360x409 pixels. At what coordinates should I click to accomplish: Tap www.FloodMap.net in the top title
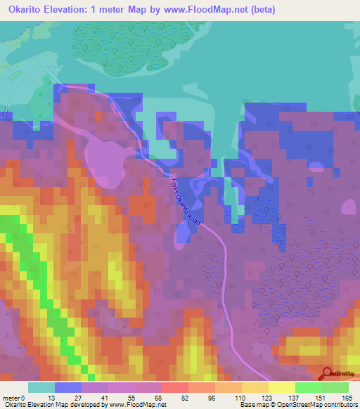(x=207, y=10)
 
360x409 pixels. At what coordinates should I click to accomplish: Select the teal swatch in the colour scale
(x=41, y=387)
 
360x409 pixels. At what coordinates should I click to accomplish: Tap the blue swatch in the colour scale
(x=68, y=387)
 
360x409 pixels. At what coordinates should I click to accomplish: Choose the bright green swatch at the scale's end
(x=335, y=387)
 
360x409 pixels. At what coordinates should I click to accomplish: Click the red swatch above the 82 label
(x=175, y=387)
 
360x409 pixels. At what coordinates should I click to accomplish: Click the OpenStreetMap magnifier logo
(x=327, y=375)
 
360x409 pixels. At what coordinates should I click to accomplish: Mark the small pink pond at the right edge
(x=348, y=207)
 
